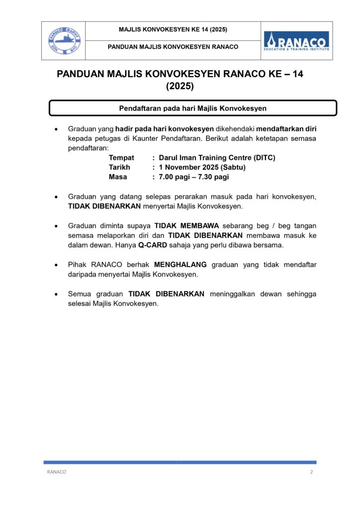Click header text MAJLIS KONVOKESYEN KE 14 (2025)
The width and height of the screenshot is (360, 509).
pyautogui.click(x=173, y=30)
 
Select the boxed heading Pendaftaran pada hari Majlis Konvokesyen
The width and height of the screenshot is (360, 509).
pyautogui.click(x=193, y=108)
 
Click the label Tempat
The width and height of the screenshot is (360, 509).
pyautogui.click(x=121, y=158)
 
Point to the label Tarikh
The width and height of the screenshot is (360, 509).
pyautogui.click(x=119, y=167)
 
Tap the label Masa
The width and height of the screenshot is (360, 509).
pyautogui.click(x=118, y=176)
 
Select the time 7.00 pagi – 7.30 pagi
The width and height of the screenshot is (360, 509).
pyautogui.click(x=193, y=176)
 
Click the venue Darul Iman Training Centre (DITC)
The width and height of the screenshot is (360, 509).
pyautogui.click(x=217, y=158)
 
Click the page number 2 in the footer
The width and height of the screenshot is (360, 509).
pyautogui.click(x=312, y=472)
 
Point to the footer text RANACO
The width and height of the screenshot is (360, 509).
pyautogui.click(x=57, y=472)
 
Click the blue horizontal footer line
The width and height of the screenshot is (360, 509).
pyautogui.click(x=180, y=462)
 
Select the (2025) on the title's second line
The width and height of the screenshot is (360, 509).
pyautogui.click(x=180, y=86)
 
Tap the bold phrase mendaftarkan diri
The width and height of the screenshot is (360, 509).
pyautogui.click(x=286, y=129)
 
